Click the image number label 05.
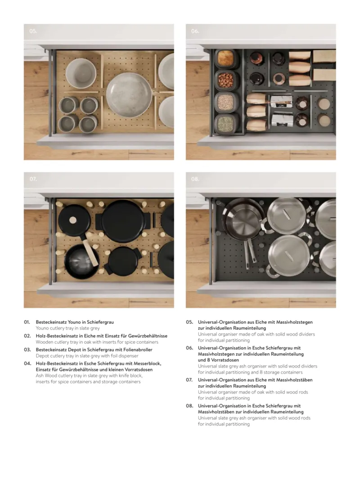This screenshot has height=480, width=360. [x=33, y=31]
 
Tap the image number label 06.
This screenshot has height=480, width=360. [x=195, y=31]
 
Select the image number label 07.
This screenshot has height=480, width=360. [x=33, y=179]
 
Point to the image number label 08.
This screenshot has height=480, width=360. [x=195, y=179]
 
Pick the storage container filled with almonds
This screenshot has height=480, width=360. [x=226, y=80]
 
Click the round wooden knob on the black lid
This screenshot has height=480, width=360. [x=73, y=220]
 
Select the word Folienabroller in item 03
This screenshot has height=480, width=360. [x=139, y=350]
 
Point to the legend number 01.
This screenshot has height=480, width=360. [x=27, y=322]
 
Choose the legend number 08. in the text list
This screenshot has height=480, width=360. [x=189, y=406]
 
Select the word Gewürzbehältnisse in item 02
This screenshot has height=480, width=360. [x=148, y=336]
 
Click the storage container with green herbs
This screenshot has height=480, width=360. [x=226, y=124]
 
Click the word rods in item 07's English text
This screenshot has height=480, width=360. [x=303, y=392]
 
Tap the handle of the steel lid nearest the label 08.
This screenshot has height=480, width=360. [x=287, y=215]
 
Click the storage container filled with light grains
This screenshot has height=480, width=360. [x=226, y=102]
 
